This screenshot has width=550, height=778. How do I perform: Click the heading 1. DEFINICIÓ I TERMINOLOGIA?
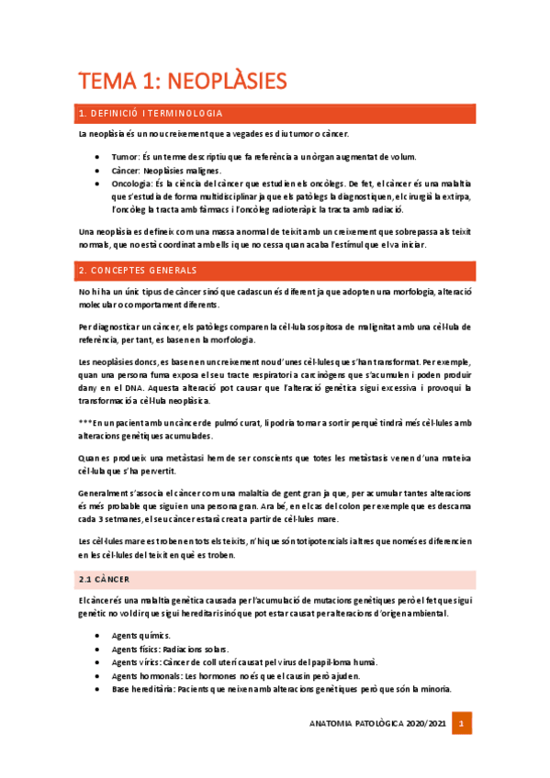151,114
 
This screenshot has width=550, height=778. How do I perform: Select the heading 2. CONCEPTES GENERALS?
138,271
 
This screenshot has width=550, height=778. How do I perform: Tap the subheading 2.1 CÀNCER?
104,580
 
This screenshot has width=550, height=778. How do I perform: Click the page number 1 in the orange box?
464,724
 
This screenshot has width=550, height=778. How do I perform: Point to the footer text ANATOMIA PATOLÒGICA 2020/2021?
379,724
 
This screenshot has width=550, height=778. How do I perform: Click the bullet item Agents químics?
140,635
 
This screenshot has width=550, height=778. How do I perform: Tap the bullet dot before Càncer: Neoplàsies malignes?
99,171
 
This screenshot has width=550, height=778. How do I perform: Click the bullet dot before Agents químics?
99,635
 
